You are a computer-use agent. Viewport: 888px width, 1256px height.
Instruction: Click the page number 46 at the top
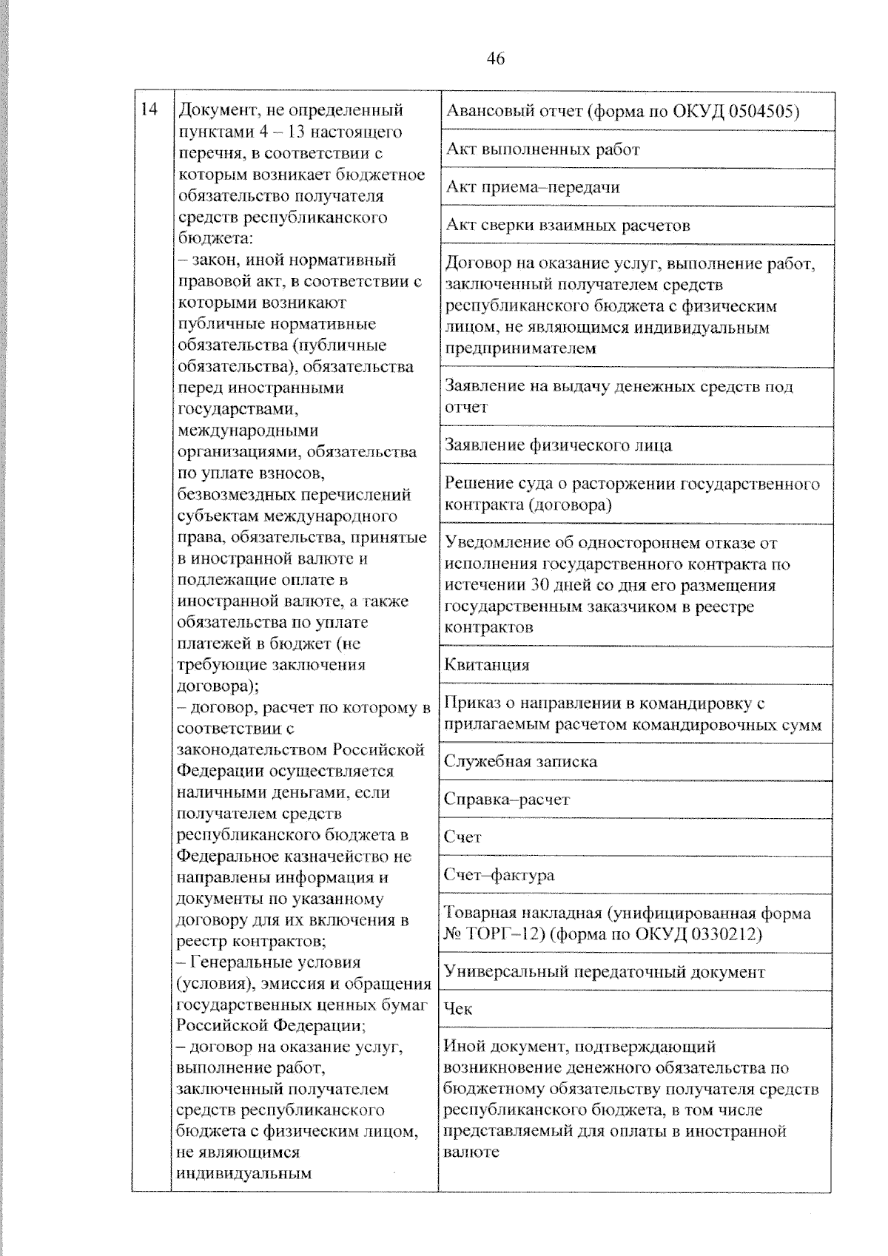pyautogui.click(x=496, y=58)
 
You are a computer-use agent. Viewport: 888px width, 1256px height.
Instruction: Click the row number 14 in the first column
pyautogui.click(x=149, y=109)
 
